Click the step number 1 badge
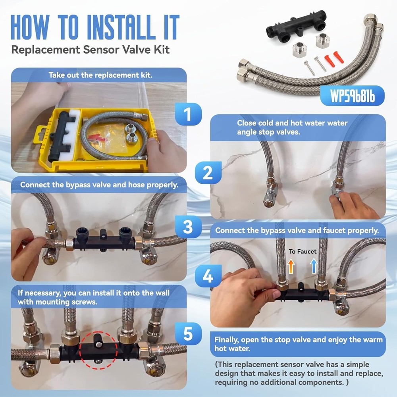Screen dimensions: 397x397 pos(188,114)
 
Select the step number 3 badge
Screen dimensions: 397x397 pos(188,227)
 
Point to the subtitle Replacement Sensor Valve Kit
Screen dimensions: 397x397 pos(91,50)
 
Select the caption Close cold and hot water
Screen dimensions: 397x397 pos(292,127)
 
